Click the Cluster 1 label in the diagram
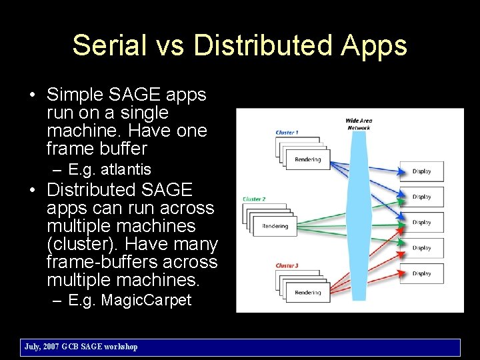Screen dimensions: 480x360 (287, 133)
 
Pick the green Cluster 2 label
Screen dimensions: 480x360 (254, 199)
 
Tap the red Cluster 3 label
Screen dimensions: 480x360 (287, 265)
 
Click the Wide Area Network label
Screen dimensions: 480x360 (358, 124)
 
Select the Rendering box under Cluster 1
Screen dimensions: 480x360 (307, 159)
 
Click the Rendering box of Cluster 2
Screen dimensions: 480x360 (275, 226)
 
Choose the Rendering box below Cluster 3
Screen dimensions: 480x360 (307, 292)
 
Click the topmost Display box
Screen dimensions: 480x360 (421, 171)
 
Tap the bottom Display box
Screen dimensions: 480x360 (421, 273)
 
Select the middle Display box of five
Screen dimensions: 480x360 (421, 223)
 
